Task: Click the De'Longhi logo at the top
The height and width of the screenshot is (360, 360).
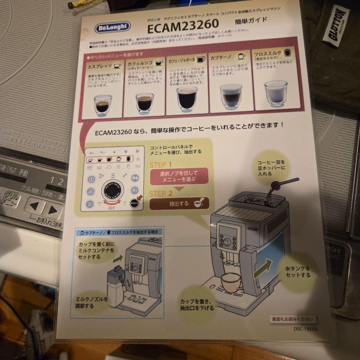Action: pyautogui.click(x=112, y=27)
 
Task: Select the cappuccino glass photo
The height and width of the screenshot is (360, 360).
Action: pyautogui.click(x=231, y=96)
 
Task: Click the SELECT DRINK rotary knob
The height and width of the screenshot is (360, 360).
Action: pyautogui.click(x=112, y=193)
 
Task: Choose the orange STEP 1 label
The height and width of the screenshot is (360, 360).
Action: pyautogui.click(x=161, y=165)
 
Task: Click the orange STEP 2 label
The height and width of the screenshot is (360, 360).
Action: pyautogui.click(x=161, y=193)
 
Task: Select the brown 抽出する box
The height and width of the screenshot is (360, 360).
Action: pyautogui.click(x=179, y=203)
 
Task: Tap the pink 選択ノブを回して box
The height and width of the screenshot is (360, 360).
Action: pyautogui.click(x=179, y=176)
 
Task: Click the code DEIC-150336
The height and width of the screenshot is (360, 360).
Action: pyautogui.click(x=296, y=329)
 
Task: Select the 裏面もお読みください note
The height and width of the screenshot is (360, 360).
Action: pyautogui.click(x=292, y=319)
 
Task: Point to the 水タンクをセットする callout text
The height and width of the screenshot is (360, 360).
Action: pyautogui.click(x=298, y=271)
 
